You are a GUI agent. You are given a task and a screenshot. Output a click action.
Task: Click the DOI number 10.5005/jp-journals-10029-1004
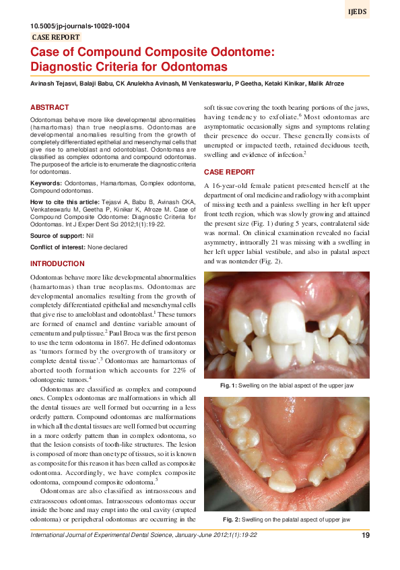point(81,26)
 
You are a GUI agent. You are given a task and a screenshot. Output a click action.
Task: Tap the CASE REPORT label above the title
point(57,38)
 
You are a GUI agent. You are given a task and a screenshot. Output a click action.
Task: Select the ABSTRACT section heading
point(50,108)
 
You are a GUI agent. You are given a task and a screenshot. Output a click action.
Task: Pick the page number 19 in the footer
point(365,536)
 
